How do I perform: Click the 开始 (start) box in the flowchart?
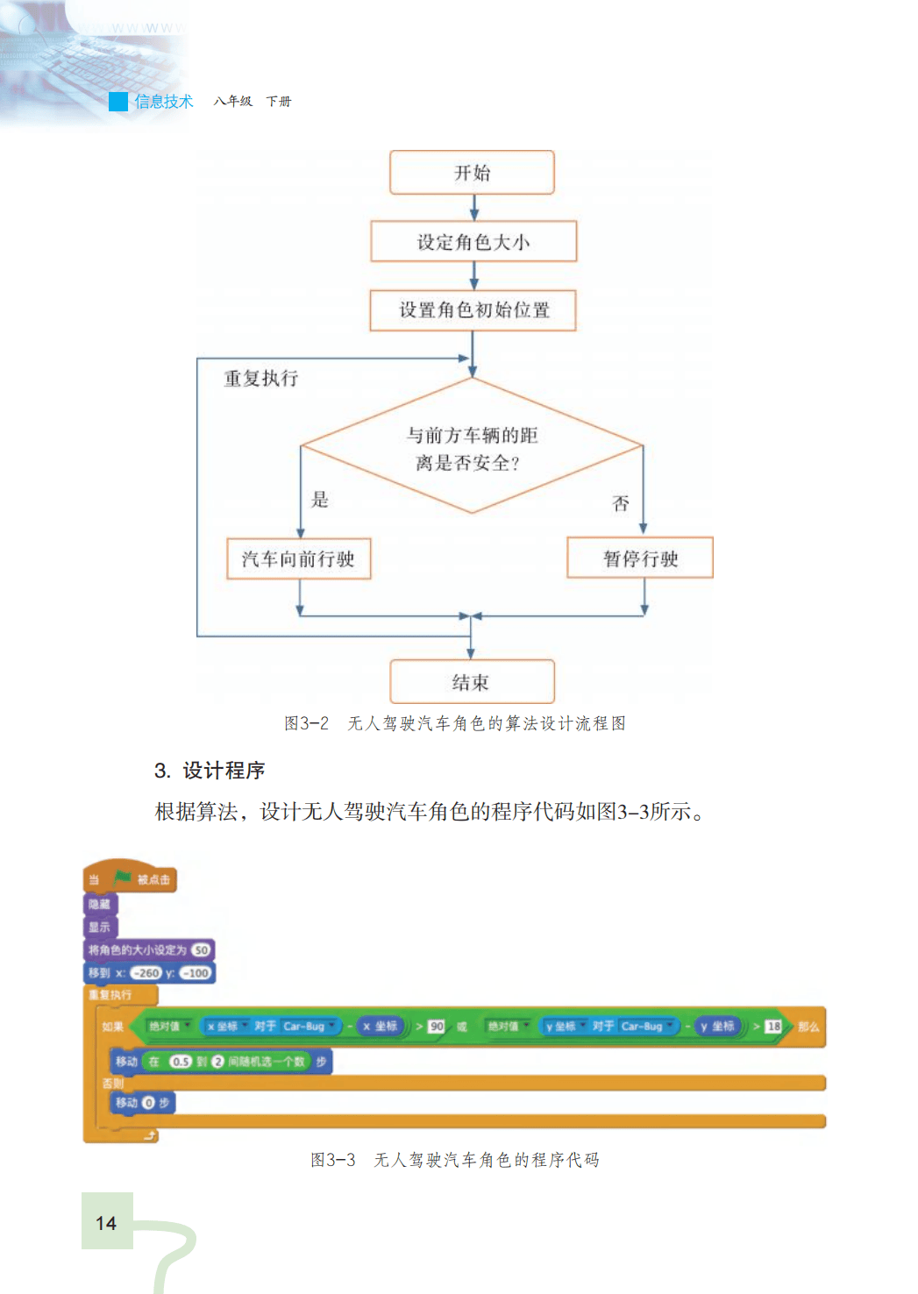[472, 173]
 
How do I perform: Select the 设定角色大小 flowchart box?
[473, 242]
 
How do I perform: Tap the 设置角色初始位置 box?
[473, 310]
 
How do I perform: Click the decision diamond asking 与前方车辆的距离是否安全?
[472, 447]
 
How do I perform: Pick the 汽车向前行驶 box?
[298, 559]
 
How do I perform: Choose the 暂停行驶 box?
[640, 558]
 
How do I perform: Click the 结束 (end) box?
[472, 682]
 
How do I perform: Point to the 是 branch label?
[320, 500]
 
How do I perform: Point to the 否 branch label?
[621, 503]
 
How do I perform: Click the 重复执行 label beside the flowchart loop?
[260, 379]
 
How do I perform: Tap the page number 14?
[106, 1223]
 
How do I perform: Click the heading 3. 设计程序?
[210, 771]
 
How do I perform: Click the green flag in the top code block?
[122, 878]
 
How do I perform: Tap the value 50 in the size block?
[201, 950]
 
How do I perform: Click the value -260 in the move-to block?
[146, 973]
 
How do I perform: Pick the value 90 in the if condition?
[436, 1027]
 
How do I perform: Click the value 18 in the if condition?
[772, 1027]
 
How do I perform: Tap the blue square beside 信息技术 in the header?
[118, 102]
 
